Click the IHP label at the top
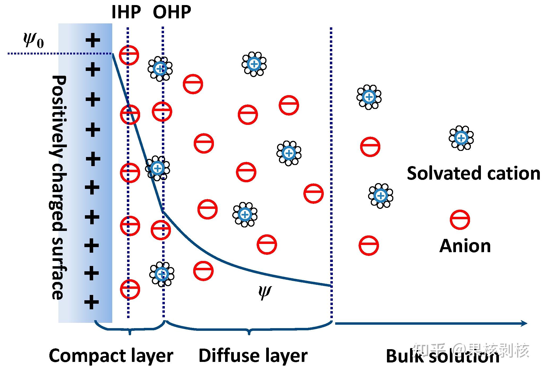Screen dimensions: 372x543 pos(126,12)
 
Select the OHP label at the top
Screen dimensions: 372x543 pos(172,12)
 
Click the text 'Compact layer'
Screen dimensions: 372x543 pos(111,356)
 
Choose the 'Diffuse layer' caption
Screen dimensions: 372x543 pos(253,356)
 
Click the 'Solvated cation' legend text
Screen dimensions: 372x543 pos(473,173)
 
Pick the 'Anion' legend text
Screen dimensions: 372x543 pos(465,246)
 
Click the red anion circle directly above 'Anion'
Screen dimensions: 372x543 pos(460,220)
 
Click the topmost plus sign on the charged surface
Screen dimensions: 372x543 pos(93,41)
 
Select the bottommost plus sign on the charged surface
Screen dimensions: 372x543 pos(92,302)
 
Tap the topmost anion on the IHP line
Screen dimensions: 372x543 pos(129,55)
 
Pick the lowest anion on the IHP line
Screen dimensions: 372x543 pos(130,289)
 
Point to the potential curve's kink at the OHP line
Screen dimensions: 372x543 pos(163,211)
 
